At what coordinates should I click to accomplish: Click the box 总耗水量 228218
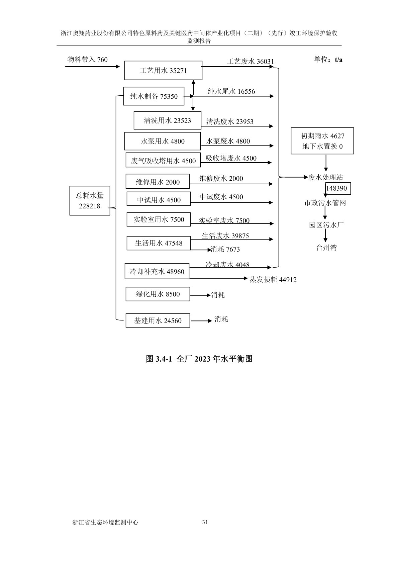point(90,200)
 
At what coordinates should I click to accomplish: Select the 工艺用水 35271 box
point(163,71)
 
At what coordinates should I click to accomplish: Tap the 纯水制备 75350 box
point(154,96)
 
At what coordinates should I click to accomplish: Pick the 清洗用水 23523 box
point(168,120)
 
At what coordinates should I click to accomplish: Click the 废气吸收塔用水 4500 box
point(163,161)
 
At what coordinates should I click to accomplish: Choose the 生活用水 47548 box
point(159,243)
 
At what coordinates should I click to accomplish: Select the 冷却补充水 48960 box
point(157,271)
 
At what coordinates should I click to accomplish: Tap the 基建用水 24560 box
point(158,320)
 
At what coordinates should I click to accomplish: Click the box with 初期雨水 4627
point(322,141)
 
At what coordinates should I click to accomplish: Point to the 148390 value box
point(336,188)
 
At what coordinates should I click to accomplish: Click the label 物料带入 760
point(88,60)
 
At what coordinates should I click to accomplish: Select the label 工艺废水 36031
point(250,62)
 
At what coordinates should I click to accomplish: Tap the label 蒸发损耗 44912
point(273,280)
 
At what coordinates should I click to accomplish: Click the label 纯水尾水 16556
point(231,91)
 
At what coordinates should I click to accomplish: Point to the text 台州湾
point(326,248)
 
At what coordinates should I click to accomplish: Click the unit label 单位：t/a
point(328,60)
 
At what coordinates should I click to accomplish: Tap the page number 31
point(205,522)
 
